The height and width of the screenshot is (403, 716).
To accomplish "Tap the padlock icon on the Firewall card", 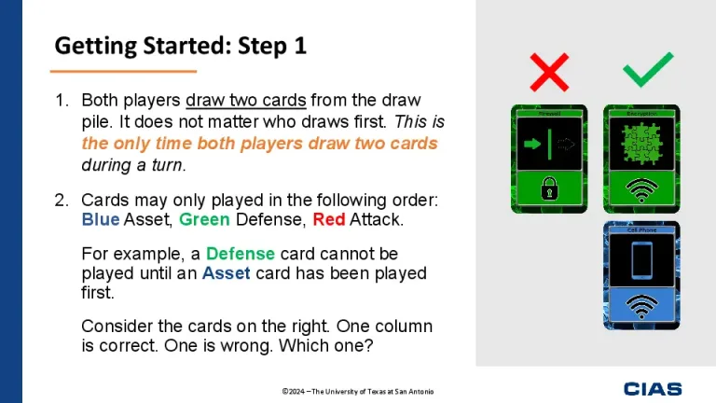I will pyautogui.click(x=548, y=190).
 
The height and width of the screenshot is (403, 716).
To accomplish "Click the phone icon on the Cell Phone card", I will pyautogui.click(x=641, y=260).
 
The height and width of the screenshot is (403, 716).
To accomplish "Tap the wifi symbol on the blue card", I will pyautogui.click(x=641, y=306).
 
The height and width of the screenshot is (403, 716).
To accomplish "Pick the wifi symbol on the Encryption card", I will pyautogui.click(x=641, y=190).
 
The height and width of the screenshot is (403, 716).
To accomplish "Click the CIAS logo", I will pyautogui.click(x=653, y=388).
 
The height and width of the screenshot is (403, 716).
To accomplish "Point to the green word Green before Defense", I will pyautogui.click(x=203, y=220).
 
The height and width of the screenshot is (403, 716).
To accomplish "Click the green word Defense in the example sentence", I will pyautogui.click(x=240, y=254).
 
